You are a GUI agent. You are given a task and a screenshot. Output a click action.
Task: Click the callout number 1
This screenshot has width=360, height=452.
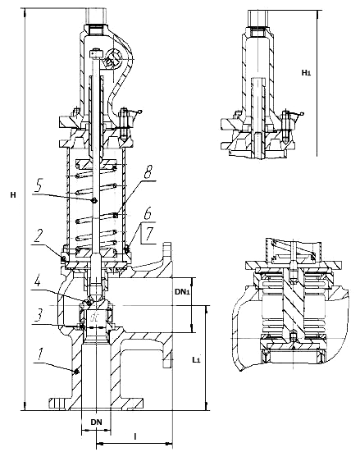coord(41,354)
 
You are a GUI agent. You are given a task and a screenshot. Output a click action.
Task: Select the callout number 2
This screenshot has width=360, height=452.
coord(40,237)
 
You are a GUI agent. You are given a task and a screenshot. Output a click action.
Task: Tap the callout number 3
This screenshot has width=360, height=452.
coord(39,315)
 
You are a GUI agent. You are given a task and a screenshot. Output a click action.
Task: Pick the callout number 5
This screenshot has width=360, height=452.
coord(39,186)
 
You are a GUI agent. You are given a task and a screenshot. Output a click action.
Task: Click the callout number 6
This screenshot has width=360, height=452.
coord(148,214)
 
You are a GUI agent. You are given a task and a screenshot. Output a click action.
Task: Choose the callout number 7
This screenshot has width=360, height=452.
coord(148,234)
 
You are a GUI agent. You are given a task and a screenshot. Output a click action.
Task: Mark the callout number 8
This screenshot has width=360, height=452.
coord(148,172)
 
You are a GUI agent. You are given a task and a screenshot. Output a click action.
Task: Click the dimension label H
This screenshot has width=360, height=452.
coord(13,195)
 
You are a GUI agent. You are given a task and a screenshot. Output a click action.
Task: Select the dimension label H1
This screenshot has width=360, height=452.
coord(306,73)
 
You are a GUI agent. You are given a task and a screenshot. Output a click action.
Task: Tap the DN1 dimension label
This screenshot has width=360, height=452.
coord(182,292)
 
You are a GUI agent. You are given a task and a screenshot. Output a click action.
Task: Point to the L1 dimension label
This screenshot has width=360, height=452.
coord(196,359)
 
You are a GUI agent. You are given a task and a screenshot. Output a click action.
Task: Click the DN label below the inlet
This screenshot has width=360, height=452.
coord(96,422)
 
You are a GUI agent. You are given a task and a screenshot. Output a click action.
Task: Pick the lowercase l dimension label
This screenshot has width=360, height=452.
coord(134,436)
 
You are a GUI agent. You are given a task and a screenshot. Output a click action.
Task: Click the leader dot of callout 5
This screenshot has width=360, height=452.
coord(94,201)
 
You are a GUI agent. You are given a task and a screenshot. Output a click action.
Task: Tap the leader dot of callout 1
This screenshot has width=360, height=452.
coord(76,372)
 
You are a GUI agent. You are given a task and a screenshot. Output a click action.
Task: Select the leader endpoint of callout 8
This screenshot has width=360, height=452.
coord(116,215)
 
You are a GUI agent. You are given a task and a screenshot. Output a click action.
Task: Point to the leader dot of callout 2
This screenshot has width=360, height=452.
coord(63,258)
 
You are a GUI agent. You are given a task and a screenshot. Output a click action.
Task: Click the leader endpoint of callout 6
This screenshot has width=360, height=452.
coord(126,247)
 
